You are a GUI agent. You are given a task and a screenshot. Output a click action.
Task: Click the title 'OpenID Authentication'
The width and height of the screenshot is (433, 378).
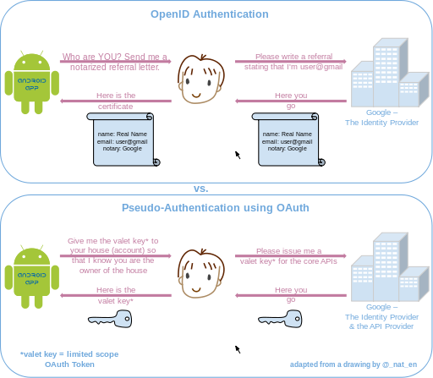[x=210, y=14]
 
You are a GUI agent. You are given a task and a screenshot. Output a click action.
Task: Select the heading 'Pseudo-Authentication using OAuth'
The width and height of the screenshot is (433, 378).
[x=216, y=208]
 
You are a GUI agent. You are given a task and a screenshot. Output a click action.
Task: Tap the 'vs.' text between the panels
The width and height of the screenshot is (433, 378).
[x=200, y=189]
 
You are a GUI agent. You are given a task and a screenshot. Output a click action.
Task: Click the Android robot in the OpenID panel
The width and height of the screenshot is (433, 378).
[x=32, y=82]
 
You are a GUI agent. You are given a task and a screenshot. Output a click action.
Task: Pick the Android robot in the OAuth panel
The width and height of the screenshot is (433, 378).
[x=32, y=277]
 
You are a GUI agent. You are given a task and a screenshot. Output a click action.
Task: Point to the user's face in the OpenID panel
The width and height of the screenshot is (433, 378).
[x=201, y=79]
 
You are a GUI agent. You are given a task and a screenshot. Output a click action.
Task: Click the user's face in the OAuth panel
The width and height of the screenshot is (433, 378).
[x=201, y=273]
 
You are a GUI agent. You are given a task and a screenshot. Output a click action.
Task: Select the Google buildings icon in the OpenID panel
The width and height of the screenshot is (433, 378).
[x=390, y=73]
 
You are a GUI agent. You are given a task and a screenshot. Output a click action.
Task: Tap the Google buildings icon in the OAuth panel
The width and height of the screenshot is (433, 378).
[x=390, y=267]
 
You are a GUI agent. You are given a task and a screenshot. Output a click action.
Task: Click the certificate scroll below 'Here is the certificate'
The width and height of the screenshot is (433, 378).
[x=123, y=140]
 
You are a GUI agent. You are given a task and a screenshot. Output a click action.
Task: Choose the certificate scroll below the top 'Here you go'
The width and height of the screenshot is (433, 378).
[x=288, y=140]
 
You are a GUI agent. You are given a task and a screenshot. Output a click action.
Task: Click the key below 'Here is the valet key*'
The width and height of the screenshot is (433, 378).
[x=110, y=319]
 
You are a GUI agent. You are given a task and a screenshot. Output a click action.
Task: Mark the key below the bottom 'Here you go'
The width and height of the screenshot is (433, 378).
[x=280, y=319]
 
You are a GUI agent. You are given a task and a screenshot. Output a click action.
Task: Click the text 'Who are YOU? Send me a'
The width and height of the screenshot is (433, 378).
[x=115, y=57]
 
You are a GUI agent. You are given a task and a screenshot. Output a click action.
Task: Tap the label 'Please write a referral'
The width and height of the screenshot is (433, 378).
[x=294, y=57]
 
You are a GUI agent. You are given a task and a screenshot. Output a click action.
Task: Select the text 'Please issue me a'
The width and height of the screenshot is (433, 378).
[x=288, y=251]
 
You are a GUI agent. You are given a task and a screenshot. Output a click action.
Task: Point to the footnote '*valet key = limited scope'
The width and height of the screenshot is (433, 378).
[x=69, y=354]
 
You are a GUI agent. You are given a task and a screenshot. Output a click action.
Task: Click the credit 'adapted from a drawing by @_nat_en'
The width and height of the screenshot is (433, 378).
[x=354, y=364]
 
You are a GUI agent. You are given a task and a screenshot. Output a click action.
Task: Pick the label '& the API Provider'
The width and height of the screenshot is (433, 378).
[x=381, y=326]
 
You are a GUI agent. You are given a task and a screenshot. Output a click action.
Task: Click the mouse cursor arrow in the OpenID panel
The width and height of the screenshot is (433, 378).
[x=238, y=155]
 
